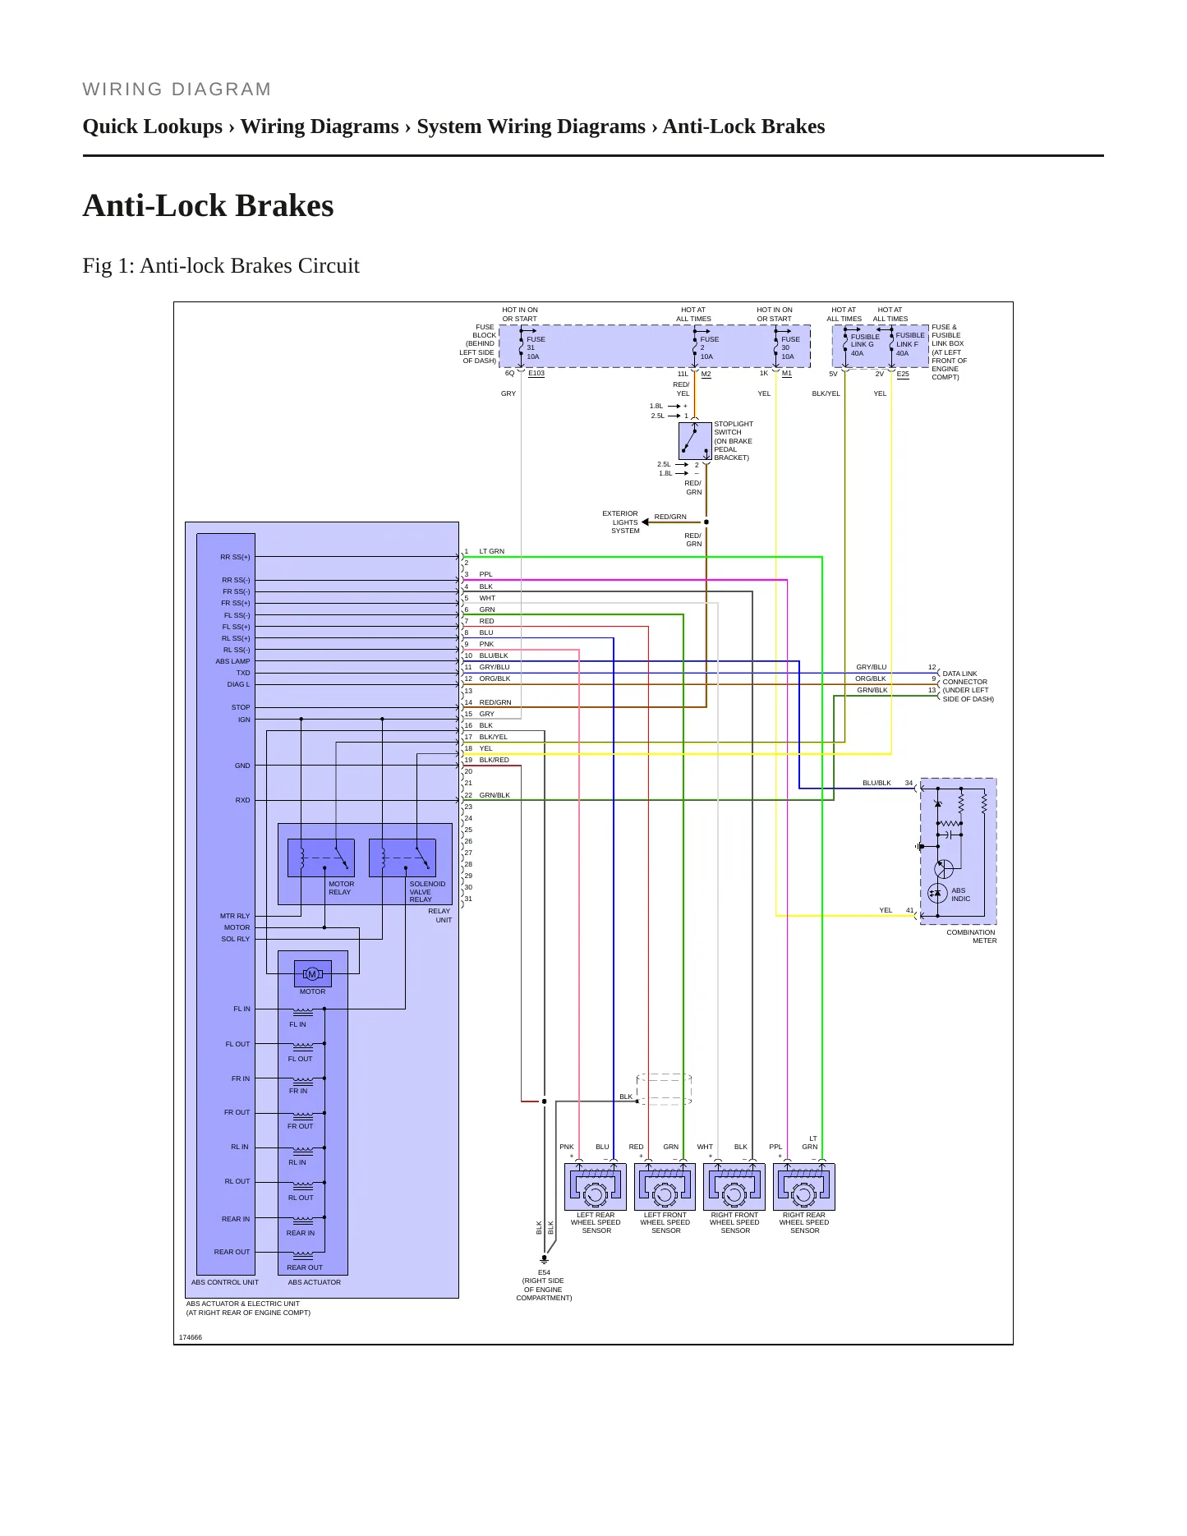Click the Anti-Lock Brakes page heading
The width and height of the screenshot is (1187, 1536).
pos(208,205)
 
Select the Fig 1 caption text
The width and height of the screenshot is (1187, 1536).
pos(221,265)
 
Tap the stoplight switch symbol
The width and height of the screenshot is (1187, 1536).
pos(695,441)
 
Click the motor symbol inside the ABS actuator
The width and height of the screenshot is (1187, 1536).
pos(312,974)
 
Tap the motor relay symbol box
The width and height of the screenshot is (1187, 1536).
pos(321,858)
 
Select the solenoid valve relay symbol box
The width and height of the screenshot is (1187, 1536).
pos(403,858)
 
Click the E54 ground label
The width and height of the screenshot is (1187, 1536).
pos(544,1272)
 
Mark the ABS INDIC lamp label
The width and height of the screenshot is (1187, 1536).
pos(960,894)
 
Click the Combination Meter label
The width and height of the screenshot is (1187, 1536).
pos(971,936)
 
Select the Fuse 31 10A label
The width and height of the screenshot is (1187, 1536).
pos(536,347)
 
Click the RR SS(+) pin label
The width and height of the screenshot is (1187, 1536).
pos(235,557)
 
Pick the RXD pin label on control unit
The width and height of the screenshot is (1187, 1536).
pos(242,800)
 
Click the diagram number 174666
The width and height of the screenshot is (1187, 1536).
pos(191,1337)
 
